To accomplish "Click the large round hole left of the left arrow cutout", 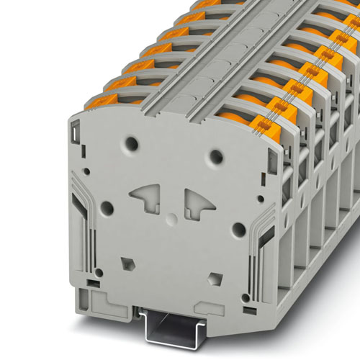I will pos(107,208).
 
